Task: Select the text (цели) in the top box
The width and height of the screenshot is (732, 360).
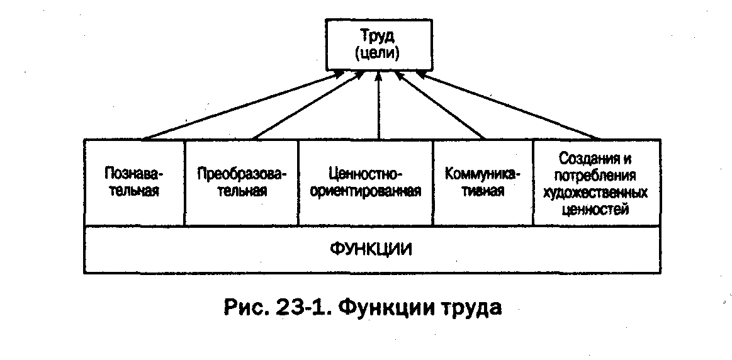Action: (x=378, y=53)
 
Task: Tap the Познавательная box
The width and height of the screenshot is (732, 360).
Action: (x=135, y=183)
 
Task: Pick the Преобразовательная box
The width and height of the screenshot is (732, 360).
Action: (x=242, y=183)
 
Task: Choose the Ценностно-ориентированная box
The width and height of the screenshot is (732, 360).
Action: (x=366, y=183)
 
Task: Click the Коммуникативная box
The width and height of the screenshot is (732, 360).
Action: (x=483, y=183)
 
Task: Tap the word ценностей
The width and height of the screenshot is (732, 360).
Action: (x=595, y=209)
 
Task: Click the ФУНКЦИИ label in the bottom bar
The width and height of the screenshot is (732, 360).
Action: (x=371, y=249)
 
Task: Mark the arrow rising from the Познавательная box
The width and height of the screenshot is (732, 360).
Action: (x=244, y=105)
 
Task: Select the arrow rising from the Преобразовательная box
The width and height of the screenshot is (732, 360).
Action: (x=308, y=105)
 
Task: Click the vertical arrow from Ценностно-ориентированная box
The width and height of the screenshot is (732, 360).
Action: (x=379, y=105)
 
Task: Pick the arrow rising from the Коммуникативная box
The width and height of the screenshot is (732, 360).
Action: (x=440, y=105)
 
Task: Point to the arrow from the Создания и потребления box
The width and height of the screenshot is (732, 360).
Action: (x=508, y=105)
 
